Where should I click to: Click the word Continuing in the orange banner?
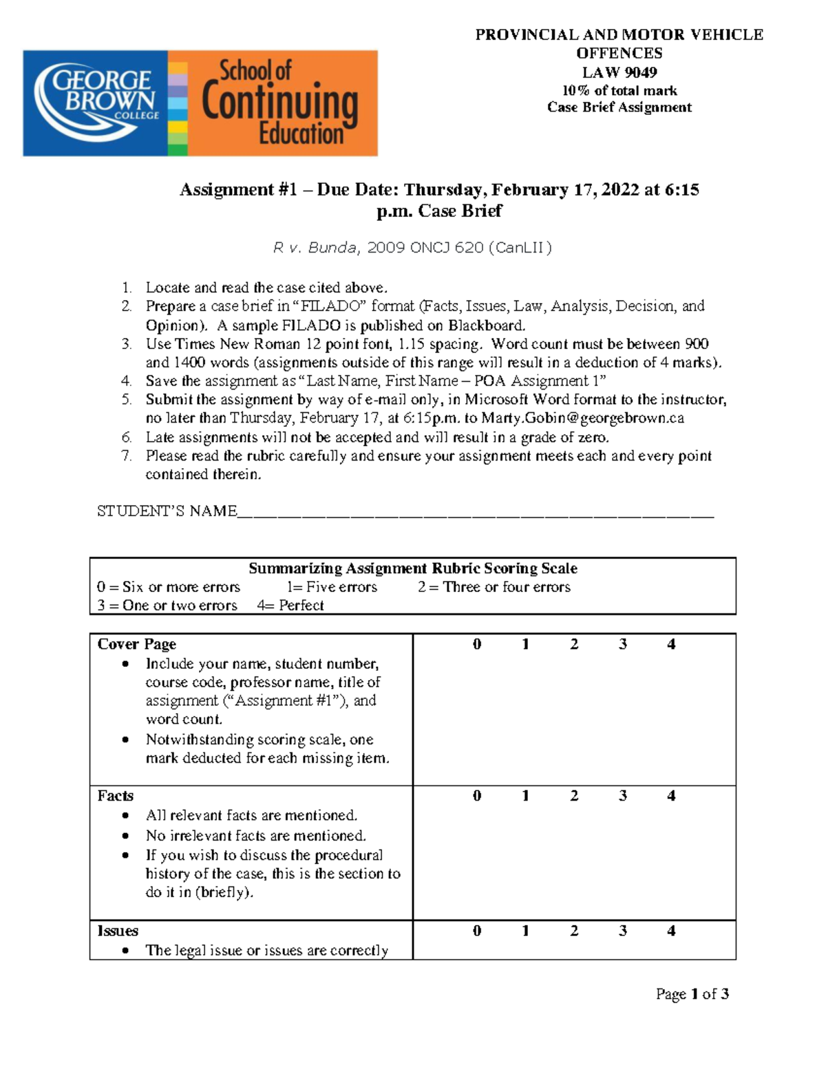click(x=279, y=103)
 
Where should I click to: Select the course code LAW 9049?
click(x=619, y=72)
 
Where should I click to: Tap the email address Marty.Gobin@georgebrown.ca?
click(x=582, y=419)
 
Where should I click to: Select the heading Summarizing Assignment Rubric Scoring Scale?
click(x=412, y=569)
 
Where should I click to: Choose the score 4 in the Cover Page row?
click(x=671, y=644)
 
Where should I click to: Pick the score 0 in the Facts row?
click(x=477, y=796)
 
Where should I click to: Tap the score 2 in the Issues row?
click(x=574, y=931)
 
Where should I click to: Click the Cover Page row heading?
click(x=136, y=644)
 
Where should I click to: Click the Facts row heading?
click(x=115, y=796)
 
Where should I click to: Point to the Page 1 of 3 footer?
click(x=692, y=994)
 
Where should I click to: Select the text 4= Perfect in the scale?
click(x=290, y=606)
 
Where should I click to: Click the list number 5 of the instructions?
click(x=127, y=400)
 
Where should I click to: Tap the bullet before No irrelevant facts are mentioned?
click(x=125, y=836)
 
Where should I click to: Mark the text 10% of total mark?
click(x=619, y=91)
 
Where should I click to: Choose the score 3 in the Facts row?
click(x=622, y=796)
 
